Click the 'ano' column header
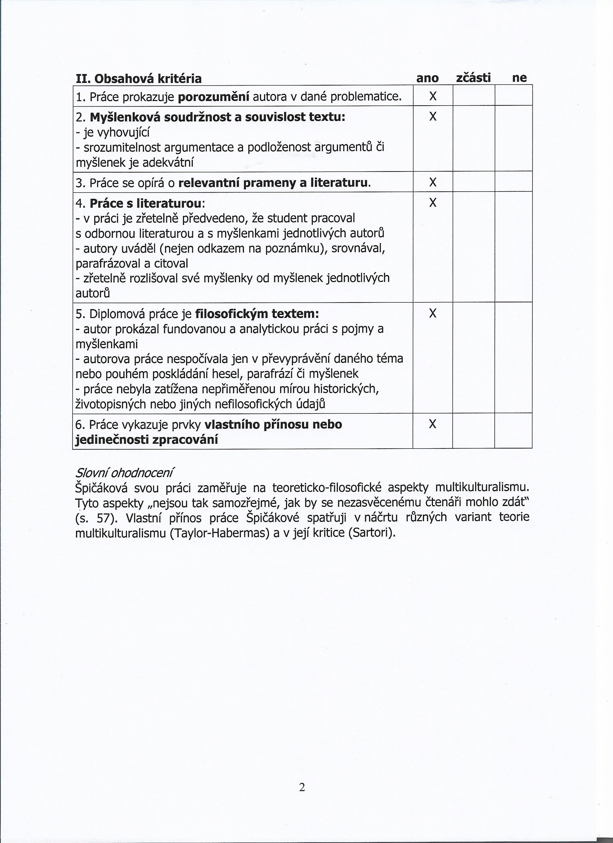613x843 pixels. coord(427,78)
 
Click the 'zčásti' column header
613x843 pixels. coord(473,78)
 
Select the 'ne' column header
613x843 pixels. coord(519,78)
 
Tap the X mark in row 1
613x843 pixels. coord(432,96)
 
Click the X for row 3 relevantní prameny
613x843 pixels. coord(432,182)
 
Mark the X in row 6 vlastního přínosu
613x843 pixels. coord(432,424)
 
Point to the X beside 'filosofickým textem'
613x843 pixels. coord(432,314)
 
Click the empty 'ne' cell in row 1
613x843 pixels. coord(513,95)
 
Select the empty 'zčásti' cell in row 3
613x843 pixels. coord(474,182)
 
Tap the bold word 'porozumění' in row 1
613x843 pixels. coord(214,97)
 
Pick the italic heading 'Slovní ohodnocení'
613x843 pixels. coord(124,473)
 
